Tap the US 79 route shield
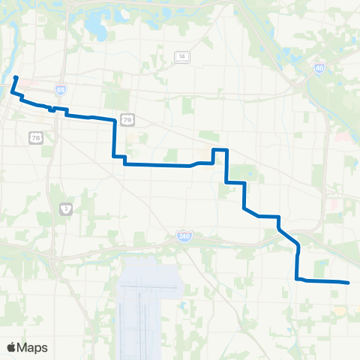(128, 119)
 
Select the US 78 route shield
(35, 136)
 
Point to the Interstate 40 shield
(319, 67)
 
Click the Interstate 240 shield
(183, 236)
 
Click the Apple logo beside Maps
(12, 347)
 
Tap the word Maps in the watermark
(34, 347)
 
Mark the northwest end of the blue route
(16, 76)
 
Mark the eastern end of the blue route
(348, 282)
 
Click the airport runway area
(146, 300)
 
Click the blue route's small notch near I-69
(52, 109)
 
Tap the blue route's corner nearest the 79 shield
(114, 119)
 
